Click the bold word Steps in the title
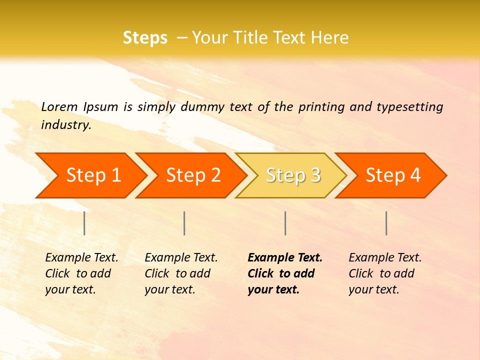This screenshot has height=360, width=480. point(145,38)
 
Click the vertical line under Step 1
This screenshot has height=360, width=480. point(84,223)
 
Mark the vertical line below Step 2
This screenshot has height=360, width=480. point(184,223)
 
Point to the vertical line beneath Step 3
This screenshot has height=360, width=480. point(285,223)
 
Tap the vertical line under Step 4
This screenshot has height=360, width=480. point(386,223)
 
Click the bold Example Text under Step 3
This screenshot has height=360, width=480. point(285,258)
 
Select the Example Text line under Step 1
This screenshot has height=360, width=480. point(81,258)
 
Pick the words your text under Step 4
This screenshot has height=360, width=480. point(373,289)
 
